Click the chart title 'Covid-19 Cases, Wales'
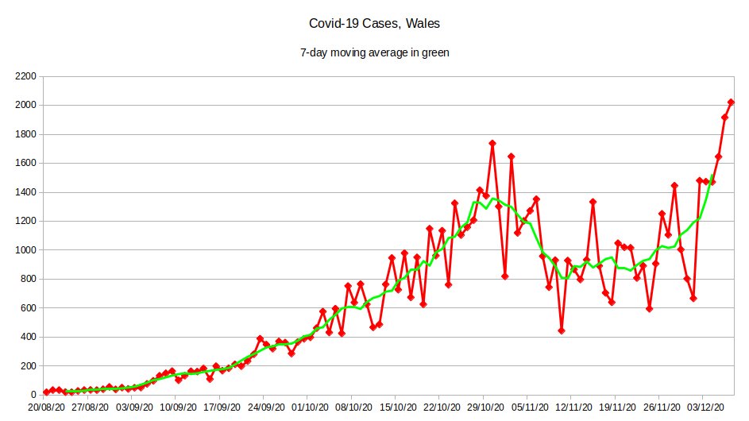(375, 24)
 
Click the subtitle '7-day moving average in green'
(375, 52)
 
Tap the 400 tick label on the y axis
(29, 337)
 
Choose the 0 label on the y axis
(34, 395)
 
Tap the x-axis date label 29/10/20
(491, 406)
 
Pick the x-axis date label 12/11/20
(578, 406)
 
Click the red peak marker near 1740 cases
(492, 143)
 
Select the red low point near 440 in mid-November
(562, 330)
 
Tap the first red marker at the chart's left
(46, 392)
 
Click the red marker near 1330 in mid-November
(593, 202)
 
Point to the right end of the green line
(712, 176)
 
